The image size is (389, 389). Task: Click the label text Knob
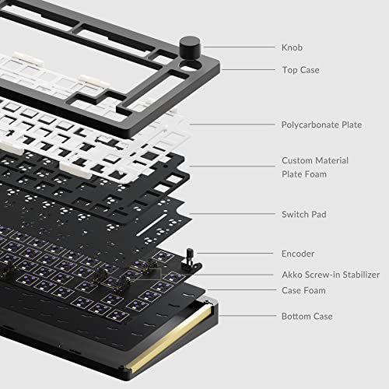click(x=292, y=47)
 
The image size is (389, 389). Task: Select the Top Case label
click(x=300, y=70)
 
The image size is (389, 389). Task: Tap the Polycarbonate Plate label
click(x=321, y=124)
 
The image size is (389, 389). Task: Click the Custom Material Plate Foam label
click(x=314, y=167)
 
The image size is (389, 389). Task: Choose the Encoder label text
click(x=298, y=254)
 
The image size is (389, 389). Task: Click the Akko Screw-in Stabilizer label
click(x=329, y=275)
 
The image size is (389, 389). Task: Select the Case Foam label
click(x=303, y=290)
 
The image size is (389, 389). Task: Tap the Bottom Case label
click(x=307, y=317)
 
